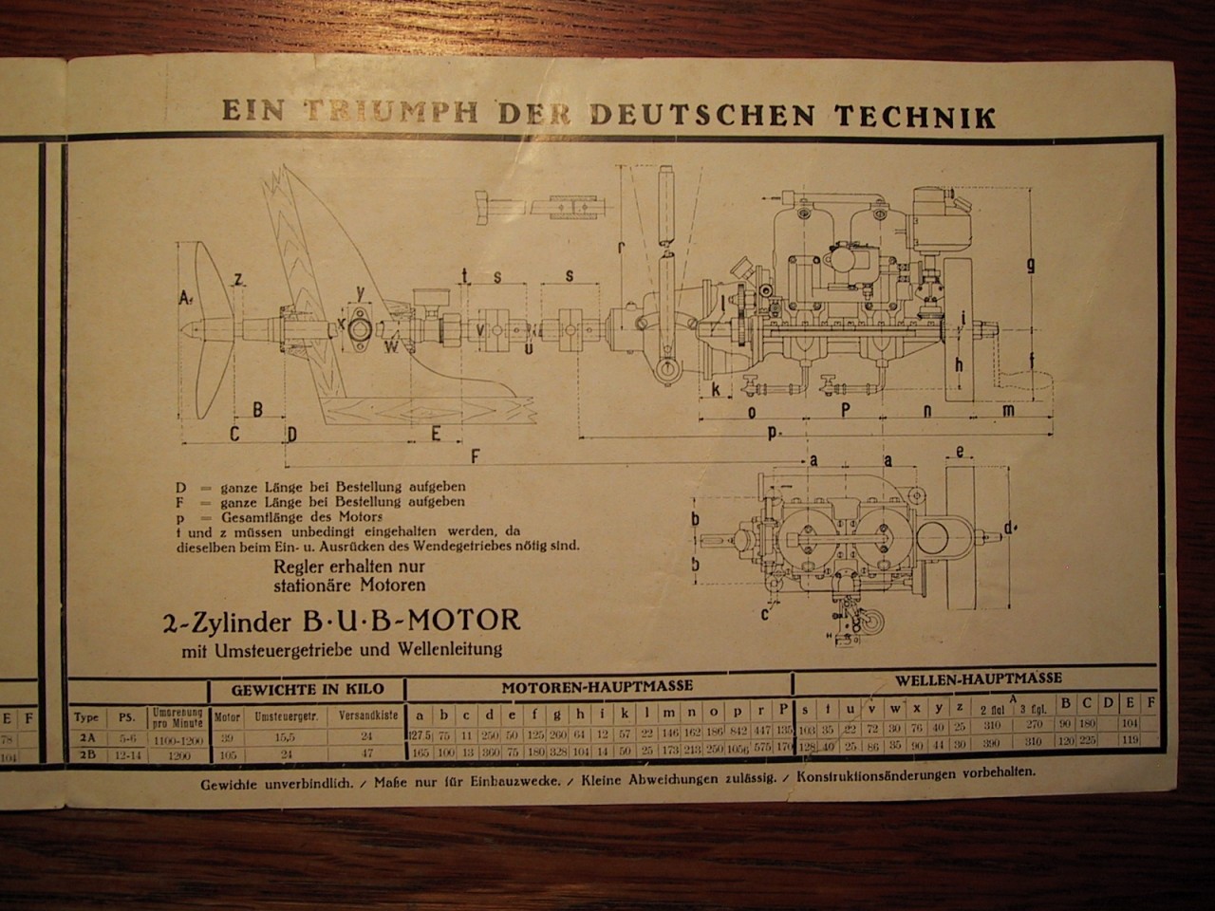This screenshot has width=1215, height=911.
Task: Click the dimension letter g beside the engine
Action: coord(1030,266)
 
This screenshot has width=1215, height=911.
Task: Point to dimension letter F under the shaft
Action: coord(475,456)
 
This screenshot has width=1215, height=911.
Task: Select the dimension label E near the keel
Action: coord(436,434)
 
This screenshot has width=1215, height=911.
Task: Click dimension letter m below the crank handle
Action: coord(1007,410)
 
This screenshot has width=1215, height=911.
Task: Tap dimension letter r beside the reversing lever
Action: coord(620,248)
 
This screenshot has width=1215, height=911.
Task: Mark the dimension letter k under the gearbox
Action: coord(716,390)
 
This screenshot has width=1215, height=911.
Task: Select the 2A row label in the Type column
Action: coord(87,736)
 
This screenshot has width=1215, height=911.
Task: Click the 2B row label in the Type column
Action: coord(87,755)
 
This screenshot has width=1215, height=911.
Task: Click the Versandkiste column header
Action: coord(365,716)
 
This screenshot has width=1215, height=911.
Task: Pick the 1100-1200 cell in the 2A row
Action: coord(178,736)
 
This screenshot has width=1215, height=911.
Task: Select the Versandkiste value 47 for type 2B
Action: coord(365,755)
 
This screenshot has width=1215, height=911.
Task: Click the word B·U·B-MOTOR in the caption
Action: coord(410,622)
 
